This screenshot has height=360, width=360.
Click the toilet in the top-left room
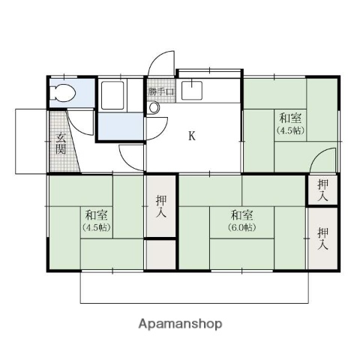tap(64, 94)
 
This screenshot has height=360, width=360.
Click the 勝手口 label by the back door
tap(160, 92)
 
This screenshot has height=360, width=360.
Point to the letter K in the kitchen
tap(191, 136)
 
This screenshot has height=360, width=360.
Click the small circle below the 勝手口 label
tap(154, 108)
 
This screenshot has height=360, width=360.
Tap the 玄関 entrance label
tap(60, 142)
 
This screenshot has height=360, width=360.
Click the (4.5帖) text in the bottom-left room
tap(96, 227)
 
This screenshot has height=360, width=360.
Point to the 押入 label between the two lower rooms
tap(160, 205)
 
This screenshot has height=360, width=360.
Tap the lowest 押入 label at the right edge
tap(322, 238)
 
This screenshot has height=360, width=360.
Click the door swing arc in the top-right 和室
tap(324, 160)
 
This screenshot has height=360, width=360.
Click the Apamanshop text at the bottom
tap(180, 324)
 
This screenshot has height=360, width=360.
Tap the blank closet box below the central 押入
tap(160, 253)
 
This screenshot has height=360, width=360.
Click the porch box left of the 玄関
tap(31, 141)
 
